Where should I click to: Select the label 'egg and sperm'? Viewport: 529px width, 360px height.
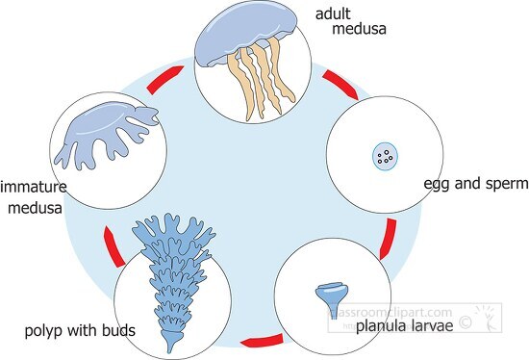(475, 183)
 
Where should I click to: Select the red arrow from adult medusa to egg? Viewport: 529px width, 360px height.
(344, 85)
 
